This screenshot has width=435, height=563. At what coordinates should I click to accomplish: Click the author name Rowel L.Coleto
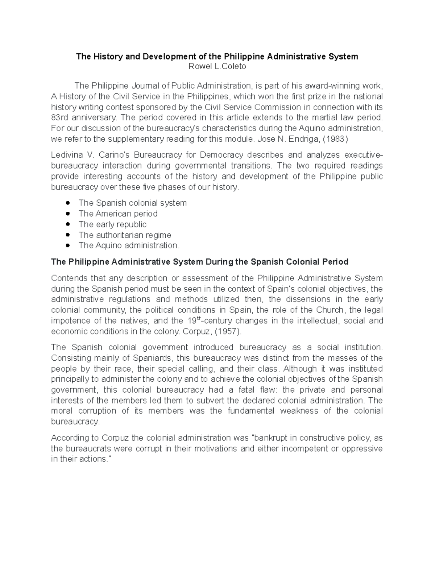pos(217,67)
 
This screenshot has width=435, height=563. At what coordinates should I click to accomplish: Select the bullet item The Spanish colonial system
pos(132,203)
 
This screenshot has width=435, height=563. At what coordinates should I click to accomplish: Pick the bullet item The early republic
pos(112,224)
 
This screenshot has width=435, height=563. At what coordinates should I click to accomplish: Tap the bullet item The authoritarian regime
pos(125,235)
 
